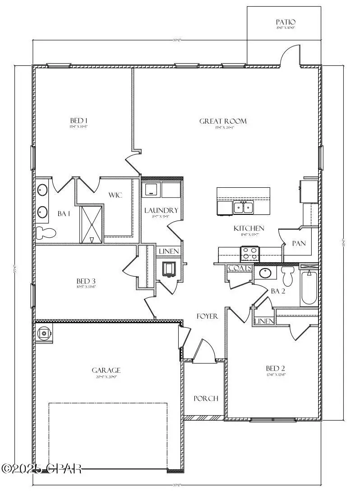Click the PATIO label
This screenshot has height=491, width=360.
click(x=286, y=22)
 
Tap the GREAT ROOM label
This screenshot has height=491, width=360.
click(x=223, y=121)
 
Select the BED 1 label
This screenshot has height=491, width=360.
click(x=78, y=120)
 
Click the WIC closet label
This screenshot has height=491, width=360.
click(x=116, y=195)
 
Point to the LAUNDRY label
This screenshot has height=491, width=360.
click(x=161, y=210)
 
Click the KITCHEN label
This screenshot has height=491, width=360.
click(x=249, y=228)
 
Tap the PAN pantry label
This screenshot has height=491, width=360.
click(x=299, y=243)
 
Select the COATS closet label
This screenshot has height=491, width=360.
click(x=239, y=268)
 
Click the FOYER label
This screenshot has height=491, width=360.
click(x=207, y=316)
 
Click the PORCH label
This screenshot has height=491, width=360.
click(x=206, y=398)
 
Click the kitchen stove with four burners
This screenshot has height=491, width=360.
click(x=249, y=254)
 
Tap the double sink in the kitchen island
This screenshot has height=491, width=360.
click(x=243, y=208)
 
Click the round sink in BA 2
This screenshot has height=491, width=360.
click(x=264, y=273)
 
